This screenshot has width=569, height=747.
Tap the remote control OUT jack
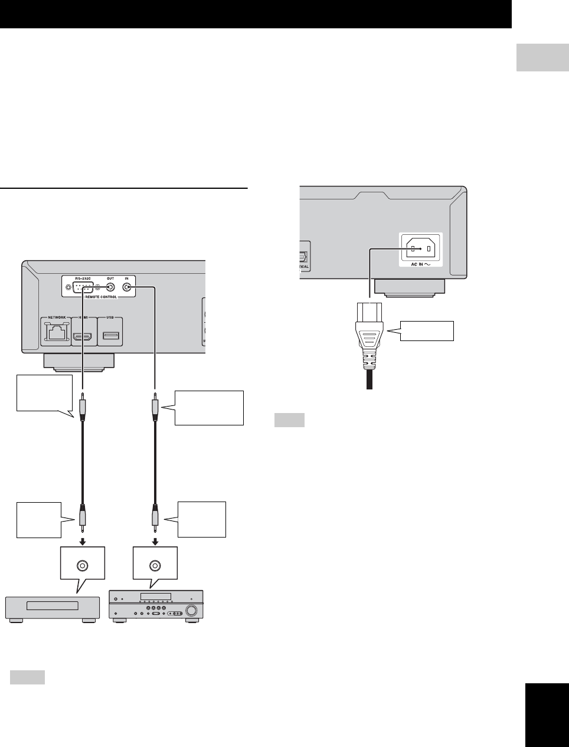pos(110,288)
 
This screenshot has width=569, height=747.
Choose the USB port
pos(110,336)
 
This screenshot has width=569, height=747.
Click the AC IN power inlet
pos(421,249)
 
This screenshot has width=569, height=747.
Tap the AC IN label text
pos(421,266)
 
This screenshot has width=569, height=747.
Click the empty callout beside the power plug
pos(426,330)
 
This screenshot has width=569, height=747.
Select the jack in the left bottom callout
pos(82,565)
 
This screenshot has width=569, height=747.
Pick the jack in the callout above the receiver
pos(155,565)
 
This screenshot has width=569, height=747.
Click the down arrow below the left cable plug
pos(82,540)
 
